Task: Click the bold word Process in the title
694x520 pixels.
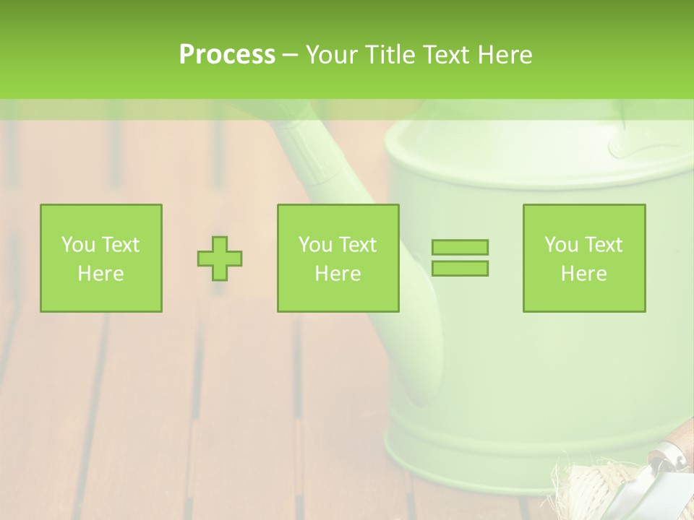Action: pos(227,55)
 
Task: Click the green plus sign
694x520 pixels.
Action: pos(220,259)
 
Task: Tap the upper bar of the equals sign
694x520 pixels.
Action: pos(460,247)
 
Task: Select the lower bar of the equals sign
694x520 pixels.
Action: pos(460,268)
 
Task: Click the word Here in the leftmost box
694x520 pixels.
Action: pos(100,274)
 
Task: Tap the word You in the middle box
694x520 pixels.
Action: pos(315,245)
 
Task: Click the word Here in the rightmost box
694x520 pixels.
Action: pos(584,274)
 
